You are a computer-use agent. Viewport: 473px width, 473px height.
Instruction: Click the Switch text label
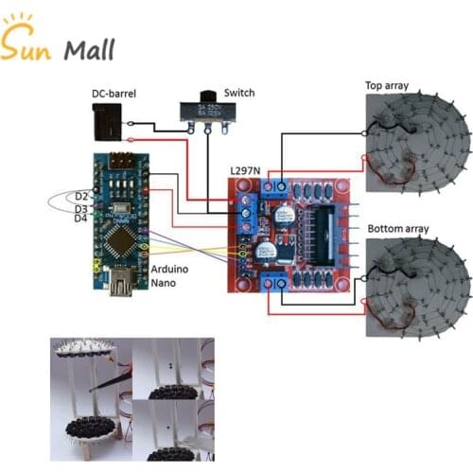[237, 93]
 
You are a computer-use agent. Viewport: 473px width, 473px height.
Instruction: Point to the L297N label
[247, 170]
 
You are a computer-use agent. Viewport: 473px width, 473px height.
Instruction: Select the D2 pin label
[80, 197]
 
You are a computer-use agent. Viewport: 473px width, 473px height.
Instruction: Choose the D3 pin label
[80, 208]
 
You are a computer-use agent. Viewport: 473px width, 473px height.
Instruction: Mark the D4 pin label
[80, 219]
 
